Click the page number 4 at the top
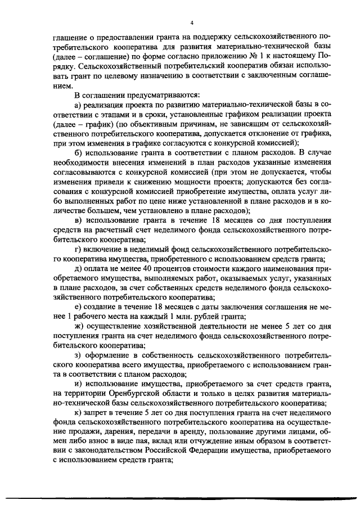tap(191, 22)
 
